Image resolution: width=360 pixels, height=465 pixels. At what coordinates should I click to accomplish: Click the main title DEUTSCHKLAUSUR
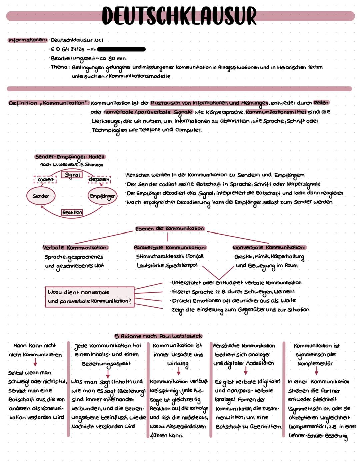click(x=179, y=15)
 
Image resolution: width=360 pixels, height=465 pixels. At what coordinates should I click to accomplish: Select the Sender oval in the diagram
click(x=41, y=196)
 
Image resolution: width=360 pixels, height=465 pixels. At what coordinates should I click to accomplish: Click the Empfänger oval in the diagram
click(x=102, y=196)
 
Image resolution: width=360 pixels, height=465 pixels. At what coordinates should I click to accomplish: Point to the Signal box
click(x=72, y=175)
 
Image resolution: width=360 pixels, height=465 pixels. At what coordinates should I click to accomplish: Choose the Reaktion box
click(x=72, y=212)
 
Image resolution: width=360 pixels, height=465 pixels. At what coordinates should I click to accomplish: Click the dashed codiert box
click(x=45, y=180)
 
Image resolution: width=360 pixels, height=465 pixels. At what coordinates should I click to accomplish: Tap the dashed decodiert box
click(x=99, y=180)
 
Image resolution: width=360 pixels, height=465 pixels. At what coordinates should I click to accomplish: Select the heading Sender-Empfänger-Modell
click(x=70, y=157)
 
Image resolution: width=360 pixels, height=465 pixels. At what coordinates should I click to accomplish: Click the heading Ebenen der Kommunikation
click(x=169, y=229)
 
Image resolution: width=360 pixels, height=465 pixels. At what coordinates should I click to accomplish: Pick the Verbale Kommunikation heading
click(x=75, y=248)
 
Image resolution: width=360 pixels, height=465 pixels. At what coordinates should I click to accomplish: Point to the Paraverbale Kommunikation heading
click(x=170, y=248)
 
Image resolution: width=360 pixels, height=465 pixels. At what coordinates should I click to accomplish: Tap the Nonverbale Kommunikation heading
click(x=269, y=247)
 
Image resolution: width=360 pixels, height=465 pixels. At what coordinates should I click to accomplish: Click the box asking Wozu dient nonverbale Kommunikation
click(x=89, y=296)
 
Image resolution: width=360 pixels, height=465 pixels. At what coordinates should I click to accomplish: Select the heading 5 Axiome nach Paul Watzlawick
click(x=158, y=336)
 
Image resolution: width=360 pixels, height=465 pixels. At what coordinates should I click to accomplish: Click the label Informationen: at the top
click(x=28, y=40)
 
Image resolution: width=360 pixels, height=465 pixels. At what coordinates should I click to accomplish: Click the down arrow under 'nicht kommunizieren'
click(x=35, y=362)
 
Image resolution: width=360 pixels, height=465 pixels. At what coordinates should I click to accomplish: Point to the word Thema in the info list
click(x=59, y=67)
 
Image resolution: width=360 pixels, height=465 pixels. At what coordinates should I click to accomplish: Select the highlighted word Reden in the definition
click(x=321, y=103)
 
